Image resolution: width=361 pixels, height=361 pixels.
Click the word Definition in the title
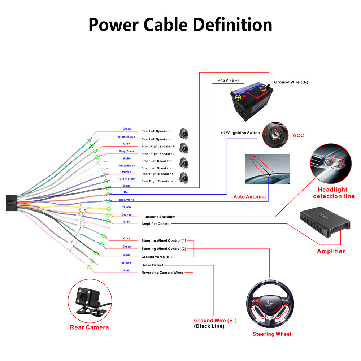[232, 25]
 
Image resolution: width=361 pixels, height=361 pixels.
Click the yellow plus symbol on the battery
[238, 97]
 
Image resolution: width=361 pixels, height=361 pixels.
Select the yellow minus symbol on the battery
[263, 88]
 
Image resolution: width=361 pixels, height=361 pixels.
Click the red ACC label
[298, 135]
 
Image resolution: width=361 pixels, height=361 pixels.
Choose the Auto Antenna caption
[250, 197]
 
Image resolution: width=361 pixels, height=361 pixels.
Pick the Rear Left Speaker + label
[156, 131]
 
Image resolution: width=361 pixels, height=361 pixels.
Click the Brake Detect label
[152, 265]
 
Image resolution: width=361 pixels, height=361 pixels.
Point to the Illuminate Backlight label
[158, 217]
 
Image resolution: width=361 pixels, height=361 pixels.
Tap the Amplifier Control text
[156, 224]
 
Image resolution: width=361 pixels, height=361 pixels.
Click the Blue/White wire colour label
[126, 200]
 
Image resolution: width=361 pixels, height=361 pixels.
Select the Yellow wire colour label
[126, 207]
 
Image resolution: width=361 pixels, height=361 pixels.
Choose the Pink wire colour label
[126, 270]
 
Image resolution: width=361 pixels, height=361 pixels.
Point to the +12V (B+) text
[228, 80]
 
